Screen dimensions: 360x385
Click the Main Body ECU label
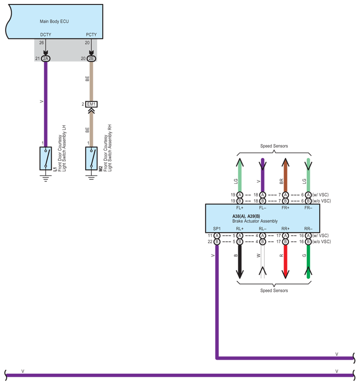point(54,22)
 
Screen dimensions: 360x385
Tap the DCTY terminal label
point(46,35)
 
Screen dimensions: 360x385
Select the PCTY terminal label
point(91,35)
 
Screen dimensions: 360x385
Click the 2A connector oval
point(46,58)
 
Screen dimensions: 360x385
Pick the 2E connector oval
point(91,58)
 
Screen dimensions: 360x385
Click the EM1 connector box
point(91,104)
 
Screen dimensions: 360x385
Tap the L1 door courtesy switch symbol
point(46,158)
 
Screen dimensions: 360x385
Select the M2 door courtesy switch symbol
point(91,158)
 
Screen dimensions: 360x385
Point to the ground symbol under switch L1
point(46,178)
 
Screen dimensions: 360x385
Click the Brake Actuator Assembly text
point(255,221)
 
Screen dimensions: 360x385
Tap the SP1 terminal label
point(217,229)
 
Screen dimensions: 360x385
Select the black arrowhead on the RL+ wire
point(240,274)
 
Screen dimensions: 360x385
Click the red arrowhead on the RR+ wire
point(285,274)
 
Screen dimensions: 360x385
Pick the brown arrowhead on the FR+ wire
point(285,163)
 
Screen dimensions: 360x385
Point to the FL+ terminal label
point(240,208)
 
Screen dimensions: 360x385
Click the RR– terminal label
point(308,229)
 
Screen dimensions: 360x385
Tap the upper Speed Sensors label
point(274,146)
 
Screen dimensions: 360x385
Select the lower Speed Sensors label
point(274,291)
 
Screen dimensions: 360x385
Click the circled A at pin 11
point(217,236)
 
